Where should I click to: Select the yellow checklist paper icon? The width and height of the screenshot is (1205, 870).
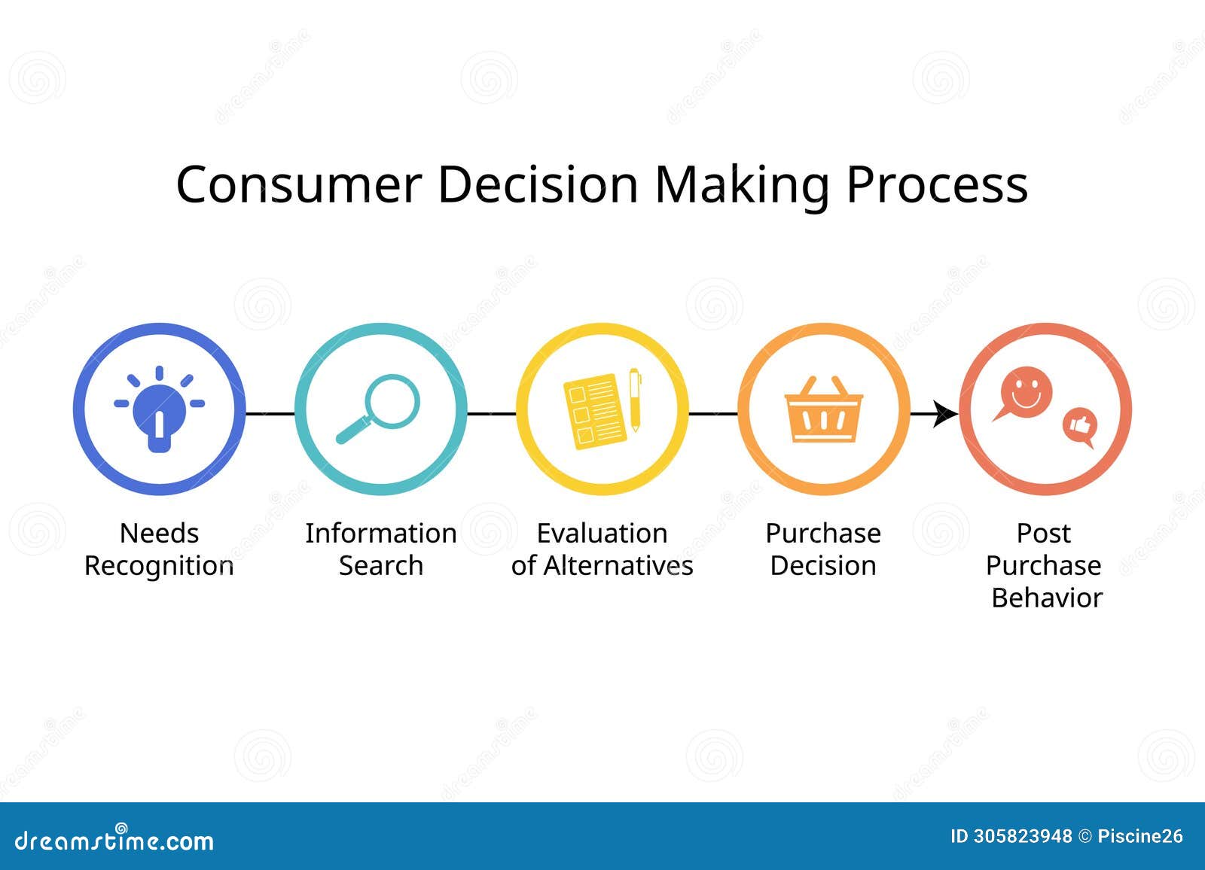[593, 411]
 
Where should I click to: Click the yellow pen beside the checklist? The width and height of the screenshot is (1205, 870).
[635, 400]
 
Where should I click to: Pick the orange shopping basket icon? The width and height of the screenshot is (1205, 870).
[823, 410]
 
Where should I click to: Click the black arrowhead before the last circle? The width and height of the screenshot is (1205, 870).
[944, 413]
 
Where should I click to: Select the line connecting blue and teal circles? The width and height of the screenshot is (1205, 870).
[270, 413]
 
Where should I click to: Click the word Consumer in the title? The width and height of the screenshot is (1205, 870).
[298, 184]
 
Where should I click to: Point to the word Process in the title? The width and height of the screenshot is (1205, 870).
[937, 184]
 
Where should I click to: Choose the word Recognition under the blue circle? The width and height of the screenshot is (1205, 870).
[159, 566]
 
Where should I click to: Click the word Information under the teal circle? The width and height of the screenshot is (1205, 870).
[380, 533]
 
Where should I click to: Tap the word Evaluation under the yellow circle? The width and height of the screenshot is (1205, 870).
[602, 533]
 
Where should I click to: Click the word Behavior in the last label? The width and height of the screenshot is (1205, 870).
[1046, 598]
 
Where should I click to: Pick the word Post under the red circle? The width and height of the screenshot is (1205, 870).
[1043, 533]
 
